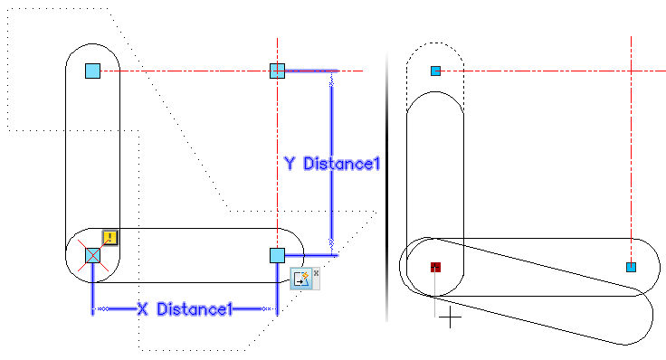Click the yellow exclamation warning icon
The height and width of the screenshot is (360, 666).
(x=110, y=238)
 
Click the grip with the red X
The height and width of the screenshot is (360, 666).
(x=92, y=256)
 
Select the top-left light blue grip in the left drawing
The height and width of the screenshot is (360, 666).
(x=92, y=71)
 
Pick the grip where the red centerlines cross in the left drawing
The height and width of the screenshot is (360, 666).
(x=278, y=71)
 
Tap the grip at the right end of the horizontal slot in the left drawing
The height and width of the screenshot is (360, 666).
(x=278, y=256)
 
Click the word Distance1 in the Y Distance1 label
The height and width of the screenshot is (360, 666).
(x=341, y=164)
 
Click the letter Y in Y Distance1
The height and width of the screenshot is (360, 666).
(x=290, y=164)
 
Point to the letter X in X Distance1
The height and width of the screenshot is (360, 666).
(x=143, y=309)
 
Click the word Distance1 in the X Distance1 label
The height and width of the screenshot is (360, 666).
(x=195, y=309)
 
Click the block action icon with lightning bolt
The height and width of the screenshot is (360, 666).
(x=301, y=279)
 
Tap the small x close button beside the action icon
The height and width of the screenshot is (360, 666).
(x=316, y=273)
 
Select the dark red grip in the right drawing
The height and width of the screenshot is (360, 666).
(x=435, y=267)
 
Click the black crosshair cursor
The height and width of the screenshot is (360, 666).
(x=450, y=317)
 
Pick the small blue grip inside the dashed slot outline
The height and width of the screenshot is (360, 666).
(x=435, y=71)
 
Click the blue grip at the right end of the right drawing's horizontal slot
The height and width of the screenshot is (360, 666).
(x=632, y=267)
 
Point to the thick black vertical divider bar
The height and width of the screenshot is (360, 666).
(x=387, y=187)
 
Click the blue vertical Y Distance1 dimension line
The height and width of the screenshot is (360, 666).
(x=332, y=163)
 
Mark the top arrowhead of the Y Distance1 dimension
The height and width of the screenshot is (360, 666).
(x=332, y=83)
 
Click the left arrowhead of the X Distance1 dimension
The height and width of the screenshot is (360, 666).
(x=103, y=309)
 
